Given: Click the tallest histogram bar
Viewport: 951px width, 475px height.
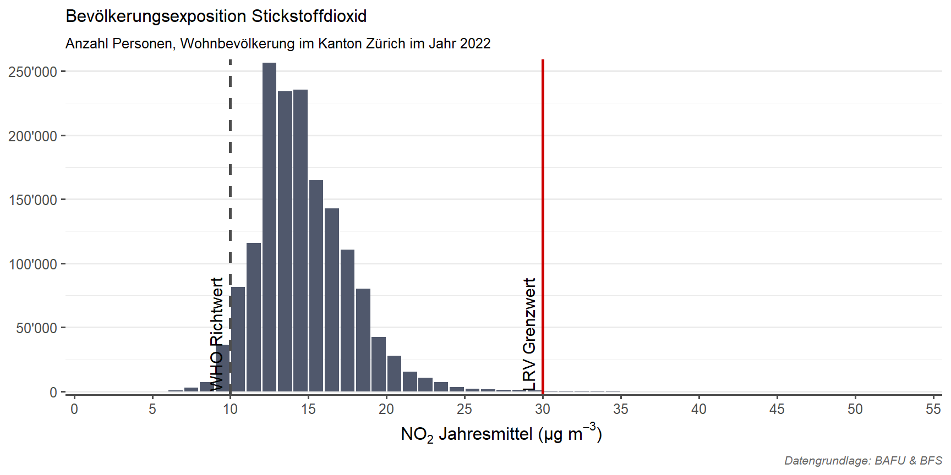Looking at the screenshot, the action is [269, 227].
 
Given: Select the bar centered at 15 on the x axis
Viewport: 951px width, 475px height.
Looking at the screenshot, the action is [316, 286].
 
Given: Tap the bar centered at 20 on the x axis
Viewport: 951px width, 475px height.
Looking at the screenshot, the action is [394, 374].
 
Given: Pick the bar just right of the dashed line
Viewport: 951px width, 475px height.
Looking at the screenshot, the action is [238, 339].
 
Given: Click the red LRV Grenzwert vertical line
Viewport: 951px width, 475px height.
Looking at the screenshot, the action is [543, 225].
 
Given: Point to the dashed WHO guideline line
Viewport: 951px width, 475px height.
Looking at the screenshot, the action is [230, 225].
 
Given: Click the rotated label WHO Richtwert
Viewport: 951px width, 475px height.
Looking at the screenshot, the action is [217, 334].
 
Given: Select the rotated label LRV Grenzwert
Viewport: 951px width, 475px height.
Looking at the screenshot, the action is [529, 334].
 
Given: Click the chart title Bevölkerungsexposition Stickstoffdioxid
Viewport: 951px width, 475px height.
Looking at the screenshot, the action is [216, 16].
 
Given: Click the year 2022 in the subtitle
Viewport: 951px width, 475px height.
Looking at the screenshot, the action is [475, 43].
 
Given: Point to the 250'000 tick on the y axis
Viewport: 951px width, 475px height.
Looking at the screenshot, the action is [32, 72].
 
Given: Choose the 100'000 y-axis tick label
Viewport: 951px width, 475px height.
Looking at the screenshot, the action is [32, 264].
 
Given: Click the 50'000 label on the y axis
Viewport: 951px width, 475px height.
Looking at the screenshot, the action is [36, 328].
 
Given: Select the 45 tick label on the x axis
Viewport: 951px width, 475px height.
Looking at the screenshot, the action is [777, 409].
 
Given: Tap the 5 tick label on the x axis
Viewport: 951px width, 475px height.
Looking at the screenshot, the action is [152, 409].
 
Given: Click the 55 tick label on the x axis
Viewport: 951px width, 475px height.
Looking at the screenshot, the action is [933, 409].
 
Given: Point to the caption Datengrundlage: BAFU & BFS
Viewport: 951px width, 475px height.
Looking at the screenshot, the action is [863, 461].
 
